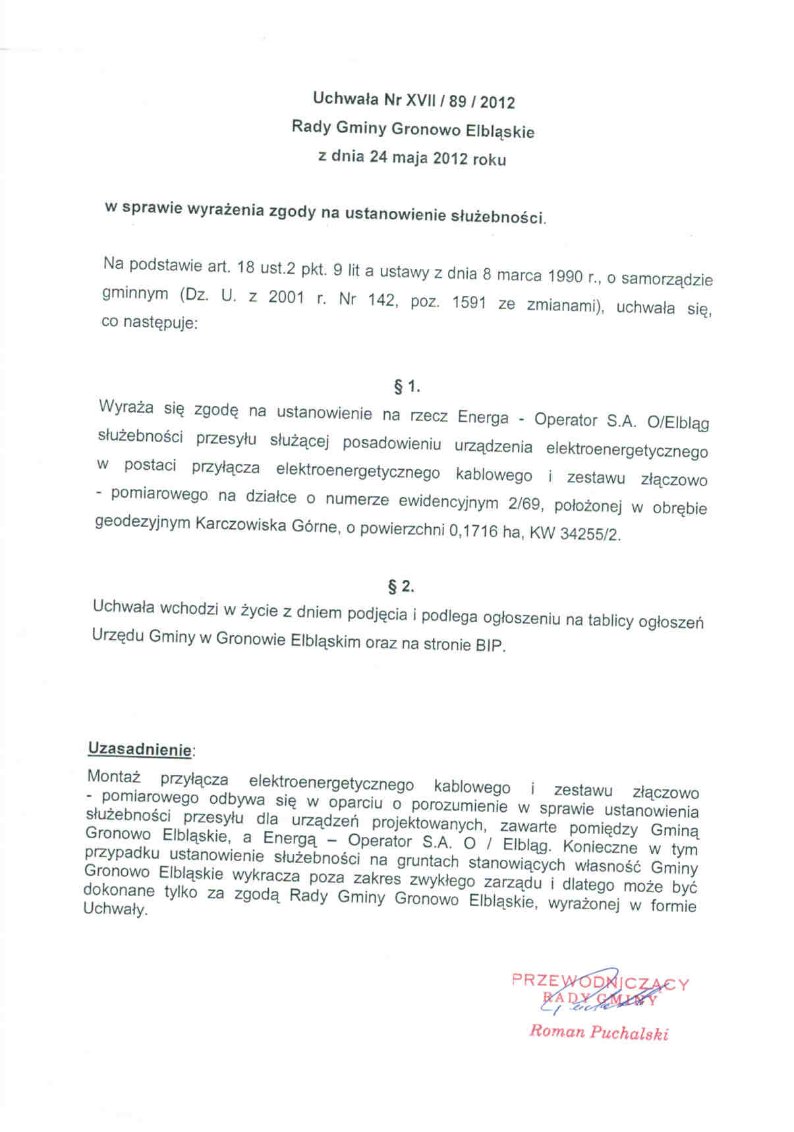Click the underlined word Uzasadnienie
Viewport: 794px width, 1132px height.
coord(140,749)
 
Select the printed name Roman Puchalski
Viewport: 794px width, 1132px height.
coord(598,1033)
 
